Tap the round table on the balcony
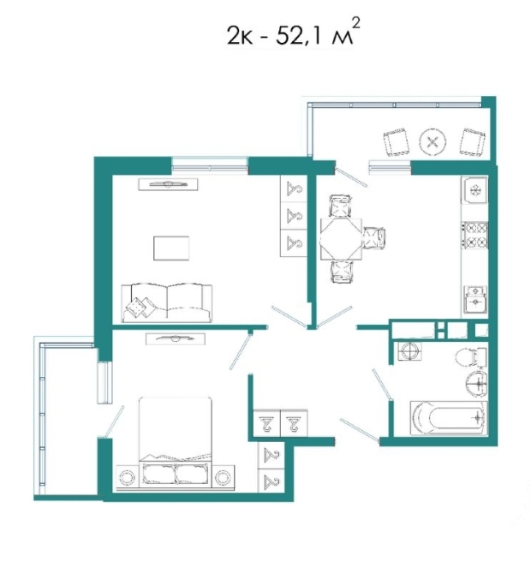(x=433, y=142)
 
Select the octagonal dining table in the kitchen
(x=341, y=239)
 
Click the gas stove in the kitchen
(x=474, y=235)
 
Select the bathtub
(x=449, y=418)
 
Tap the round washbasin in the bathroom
(x=476, y=383)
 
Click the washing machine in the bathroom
(x=409, y=350)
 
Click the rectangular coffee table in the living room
(x=171, y=248)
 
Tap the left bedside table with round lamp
(x=128, y=477)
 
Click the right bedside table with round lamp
(x=224, y=477)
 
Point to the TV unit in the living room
(x=168, y=184)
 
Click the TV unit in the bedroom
(x=176, y=338)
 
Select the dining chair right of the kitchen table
(x=374, y=238)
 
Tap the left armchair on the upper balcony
(x=396, y=141)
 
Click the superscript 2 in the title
(x=355, y=24)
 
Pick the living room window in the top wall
(x=210, y=165)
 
